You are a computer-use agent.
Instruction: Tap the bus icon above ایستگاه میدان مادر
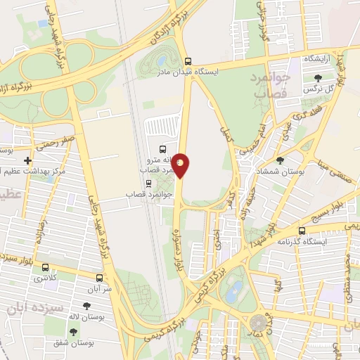coord(187,60)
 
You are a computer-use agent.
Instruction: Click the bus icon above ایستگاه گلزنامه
coord(302,231)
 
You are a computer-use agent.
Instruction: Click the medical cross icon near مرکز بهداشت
coord(27,160)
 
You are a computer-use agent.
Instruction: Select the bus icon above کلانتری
coord(46,267)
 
